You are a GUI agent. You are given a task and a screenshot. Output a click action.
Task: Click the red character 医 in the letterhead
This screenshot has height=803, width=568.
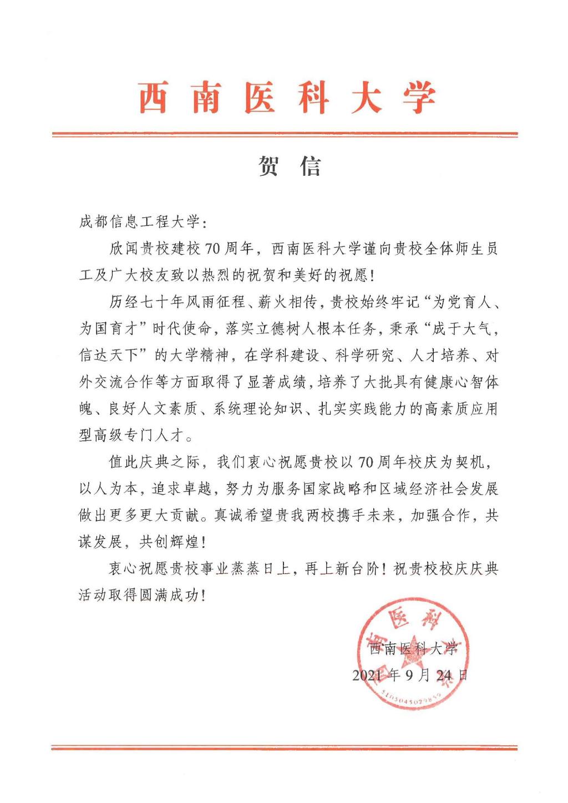(x=259, y=99)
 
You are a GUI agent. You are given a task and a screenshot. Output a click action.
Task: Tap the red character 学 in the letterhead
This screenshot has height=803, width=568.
(x=419, y=99)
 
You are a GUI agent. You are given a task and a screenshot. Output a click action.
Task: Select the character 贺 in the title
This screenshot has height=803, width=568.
(x=268, y=166)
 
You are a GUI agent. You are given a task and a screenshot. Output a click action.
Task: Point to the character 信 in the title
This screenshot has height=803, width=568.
(x=311, y=166)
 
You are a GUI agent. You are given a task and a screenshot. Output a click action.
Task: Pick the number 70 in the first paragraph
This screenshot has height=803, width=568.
(x=212, y=249)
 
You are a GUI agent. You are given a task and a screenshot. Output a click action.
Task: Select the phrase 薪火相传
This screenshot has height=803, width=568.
(x=286, y=302)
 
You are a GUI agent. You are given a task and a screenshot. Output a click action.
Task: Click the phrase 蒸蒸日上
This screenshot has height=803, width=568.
(x=252, y=568)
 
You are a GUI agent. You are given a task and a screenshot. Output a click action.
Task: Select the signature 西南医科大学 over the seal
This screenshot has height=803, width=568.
(x=413, y=648)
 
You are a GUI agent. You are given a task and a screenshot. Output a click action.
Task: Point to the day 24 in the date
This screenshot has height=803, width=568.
(x=444, y=675)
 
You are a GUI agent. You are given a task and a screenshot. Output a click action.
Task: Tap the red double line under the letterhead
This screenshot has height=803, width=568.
(x=284, y=134)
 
